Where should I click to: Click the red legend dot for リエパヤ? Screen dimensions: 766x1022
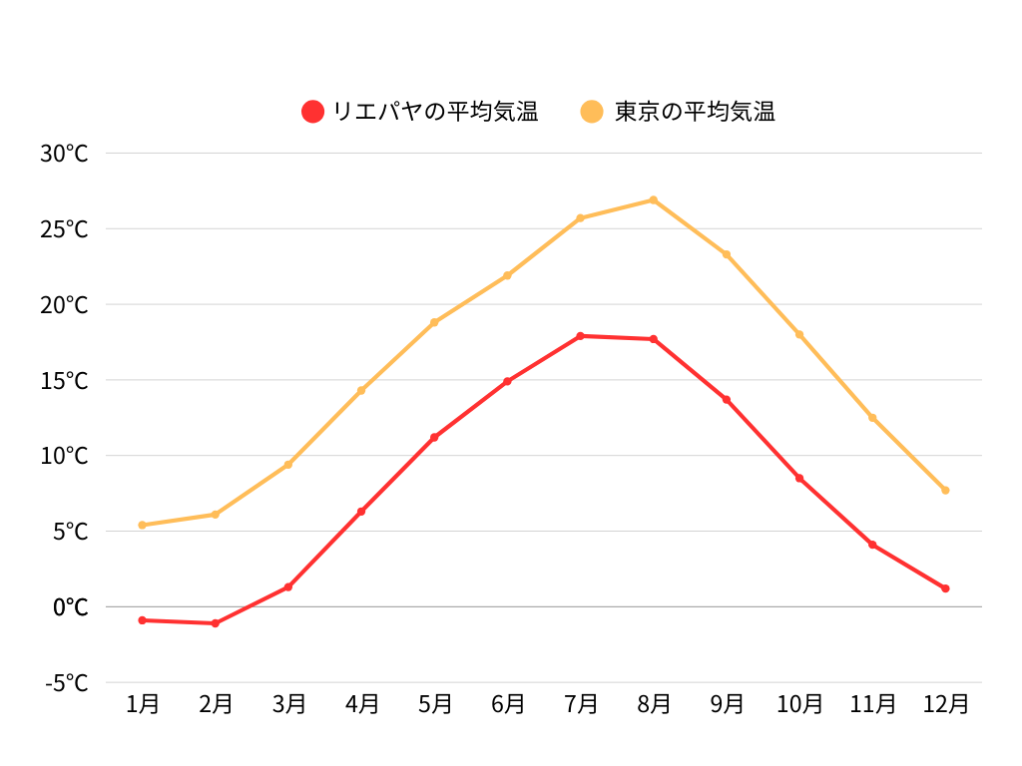click(x=313, y=112)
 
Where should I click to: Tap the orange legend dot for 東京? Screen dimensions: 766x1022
click(x=593, y=112)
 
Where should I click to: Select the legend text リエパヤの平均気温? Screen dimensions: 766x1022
click(x=435, y=112)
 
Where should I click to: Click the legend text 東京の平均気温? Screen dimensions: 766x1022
click(x=695, y=112)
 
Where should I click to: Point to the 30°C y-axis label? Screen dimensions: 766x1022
click(x=65, y=154)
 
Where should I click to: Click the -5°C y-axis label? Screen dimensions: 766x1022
click(x=67, y=683)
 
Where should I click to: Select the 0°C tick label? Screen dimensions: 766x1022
click(x=71, y=607)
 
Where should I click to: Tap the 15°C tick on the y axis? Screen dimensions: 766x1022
click(x=65, y=380)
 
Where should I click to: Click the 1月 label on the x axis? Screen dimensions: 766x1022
click(x=143, y=704)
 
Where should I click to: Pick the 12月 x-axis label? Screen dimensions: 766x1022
click(x=945, y=704)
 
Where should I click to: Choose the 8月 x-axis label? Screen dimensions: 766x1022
click(x=654, y=704)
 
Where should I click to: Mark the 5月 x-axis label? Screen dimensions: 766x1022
click(x=434, y=704)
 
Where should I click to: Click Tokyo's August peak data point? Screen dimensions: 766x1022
click(x=654, y=200)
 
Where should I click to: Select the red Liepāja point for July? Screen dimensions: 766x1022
click(x=581, y=336)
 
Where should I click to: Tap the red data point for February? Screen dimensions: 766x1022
click(x=216, y=623)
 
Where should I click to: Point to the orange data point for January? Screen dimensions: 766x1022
click(x=143, y=525)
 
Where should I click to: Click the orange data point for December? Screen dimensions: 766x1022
click(x=945, y=490)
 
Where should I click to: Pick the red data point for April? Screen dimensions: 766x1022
click(x=361, y=512)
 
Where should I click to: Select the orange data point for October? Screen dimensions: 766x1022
click(x=799, y=334)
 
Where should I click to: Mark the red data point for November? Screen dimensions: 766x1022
click(x=872, y=545)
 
